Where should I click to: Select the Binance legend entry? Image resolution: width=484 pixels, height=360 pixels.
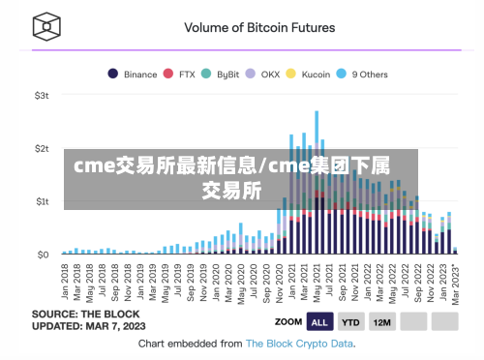[x=135, y=74]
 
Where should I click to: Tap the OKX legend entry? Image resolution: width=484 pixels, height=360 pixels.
[x=264, y=74]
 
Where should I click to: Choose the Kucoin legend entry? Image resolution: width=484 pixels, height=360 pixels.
[x=310, y=74]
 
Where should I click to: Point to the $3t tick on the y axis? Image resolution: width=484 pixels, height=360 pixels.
[x=42, y=96]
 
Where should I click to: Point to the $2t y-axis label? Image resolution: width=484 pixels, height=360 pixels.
[x=42, y=149]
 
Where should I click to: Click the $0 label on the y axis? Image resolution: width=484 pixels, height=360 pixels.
[x=44, y=255]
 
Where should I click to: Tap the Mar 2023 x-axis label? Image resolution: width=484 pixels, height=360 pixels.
[x=455, y=281]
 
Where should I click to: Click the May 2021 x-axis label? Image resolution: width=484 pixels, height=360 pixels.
[x=317, y=281]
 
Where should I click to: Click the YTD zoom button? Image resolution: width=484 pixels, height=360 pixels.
[x=351, y=321]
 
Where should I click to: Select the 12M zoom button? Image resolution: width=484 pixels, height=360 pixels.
[x=382, y=321]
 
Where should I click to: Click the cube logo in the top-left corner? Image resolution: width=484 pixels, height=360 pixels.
[x=44, y=26]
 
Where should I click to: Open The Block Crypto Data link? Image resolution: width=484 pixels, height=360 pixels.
[x=299, y=343]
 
